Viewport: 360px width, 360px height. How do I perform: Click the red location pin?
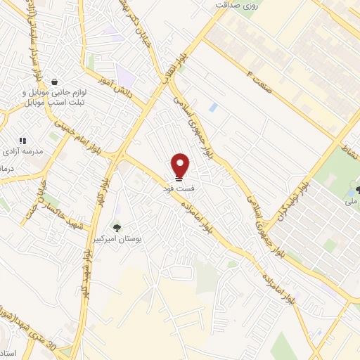(x=181, y=165)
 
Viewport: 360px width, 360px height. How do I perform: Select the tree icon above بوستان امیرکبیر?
(x=117, y=226)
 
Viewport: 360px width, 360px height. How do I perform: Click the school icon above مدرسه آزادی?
(x=22, y=141)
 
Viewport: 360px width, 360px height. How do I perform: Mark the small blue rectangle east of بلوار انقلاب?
(x=212, y=108)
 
